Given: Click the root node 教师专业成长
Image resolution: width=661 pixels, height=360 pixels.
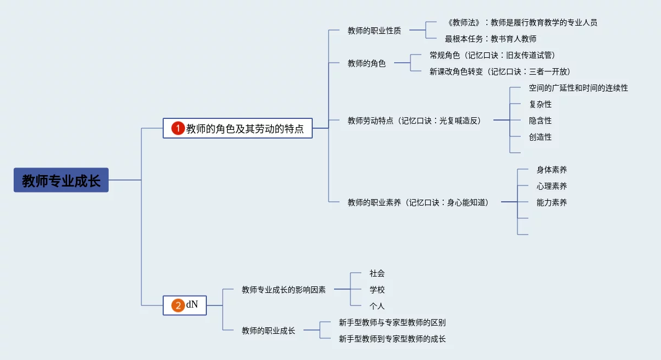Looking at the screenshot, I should [61, 181].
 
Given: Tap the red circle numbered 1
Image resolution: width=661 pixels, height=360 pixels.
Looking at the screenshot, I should [178, 129].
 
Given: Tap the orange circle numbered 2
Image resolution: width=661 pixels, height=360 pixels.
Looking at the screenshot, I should [178, 305].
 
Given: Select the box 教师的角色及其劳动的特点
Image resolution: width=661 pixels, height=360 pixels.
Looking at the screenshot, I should [245, 129].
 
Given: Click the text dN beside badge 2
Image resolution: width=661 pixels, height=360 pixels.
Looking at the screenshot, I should [192, 305].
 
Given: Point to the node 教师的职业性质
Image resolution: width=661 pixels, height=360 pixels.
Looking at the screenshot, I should [374, 31].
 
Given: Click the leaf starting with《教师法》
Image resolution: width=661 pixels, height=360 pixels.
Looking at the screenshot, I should [521, 22].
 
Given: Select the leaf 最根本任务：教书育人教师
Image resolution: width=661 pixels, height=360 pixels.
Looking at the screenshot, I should [490, 39].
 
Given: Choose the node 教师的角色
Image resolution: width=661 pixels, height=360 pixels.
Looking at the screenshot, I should [366, 63].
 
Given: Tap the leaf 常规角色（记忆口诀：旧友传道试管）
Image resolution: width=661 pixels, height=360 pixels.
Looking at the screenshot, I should [492, 55].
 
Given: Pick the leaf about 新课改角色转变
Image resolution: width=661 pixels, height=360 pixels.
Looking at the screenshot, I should [499, 71].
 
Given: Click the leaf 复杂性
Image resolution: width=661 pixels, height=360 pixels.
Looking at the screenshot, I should [540, 104].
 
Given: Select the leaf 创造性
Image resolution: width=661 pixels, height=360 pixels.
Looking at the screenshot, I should [540, 137].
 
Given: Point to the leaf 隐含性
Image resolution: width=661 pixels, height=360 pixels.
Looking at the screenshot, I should [540, 121].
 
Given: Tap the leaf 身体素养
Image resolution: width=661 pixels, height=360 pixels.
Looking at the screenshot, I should [551, 170].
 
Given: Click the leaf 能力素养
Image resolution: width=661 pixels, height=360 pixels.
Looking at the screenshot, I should [551, 202].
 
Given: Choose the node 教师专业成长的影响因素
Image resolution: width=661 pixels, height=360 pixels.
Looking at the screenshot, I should [283, 290].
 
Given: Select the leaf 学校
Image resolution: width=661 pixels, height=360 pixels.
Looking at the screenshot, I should [377, 290].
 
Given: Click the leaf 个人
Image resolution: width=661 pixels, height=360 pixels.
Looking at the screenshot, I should [377, 306].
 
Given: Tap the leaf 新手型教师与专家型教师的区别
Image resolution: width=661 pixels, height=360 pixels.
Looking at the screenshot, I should [392, 322].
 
